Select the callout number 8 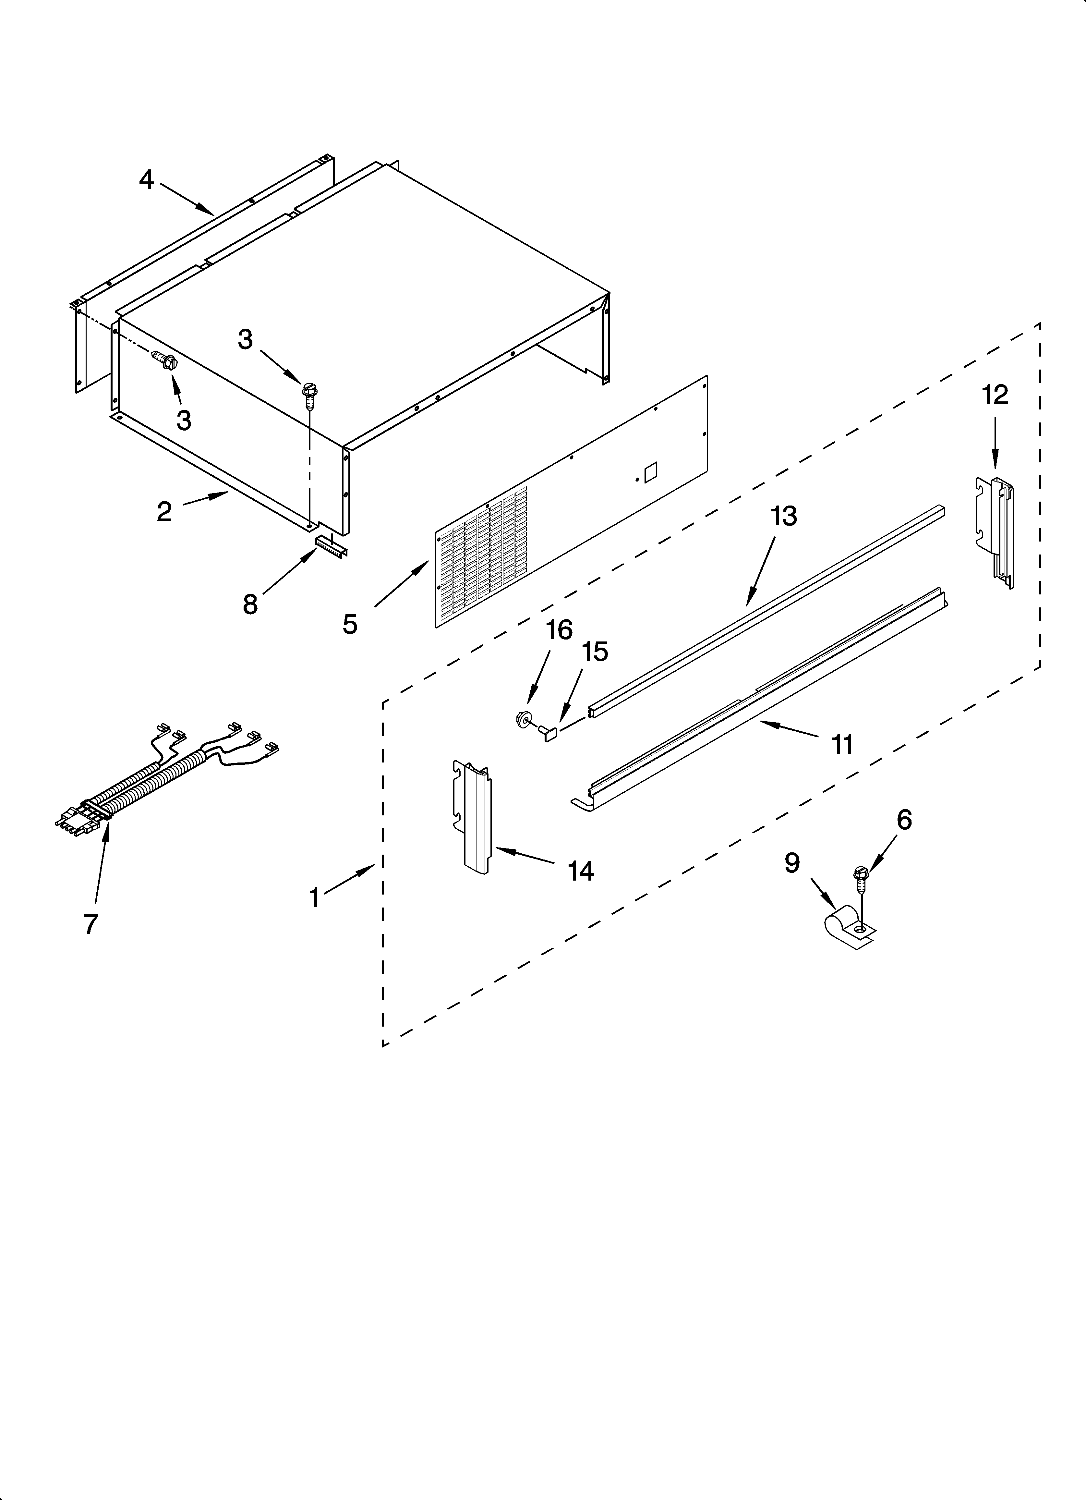250,604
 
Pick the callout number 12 995,395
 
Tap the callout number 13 784,516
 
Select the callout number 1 315,898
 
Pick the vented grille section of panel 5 483,555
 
